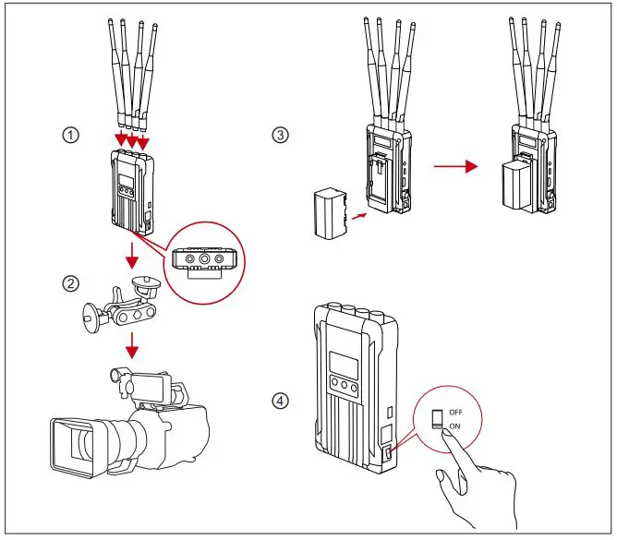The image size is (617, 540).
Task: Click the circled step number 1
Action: tap(69, 135)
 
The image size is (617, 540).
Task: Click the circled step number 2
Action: tap(69, 283)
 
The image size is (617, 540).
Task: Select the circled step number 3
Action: tap(282, 135)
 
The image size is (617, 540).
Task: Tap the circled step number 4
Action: tap(282, 401)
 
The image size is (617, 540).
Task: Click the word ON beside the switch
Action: tap(454, 426)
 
